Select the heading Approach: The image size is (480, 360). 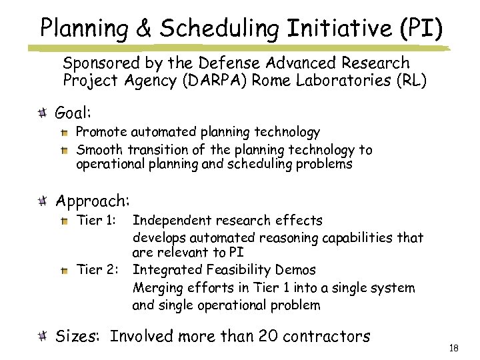click(93, 200)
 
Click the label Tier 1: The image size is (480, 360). click(97, 221)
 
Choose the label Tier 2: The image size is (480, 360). click(97, 270)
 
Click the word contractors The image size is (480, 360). click(326, 337)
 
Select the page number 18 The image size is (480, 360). click(455, 348)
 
